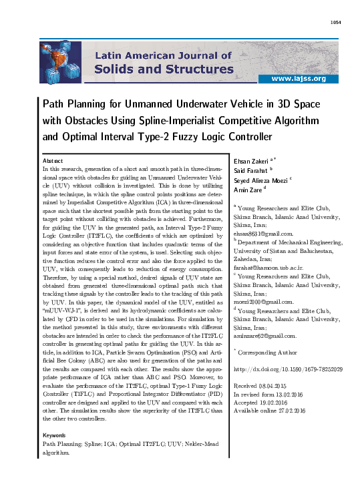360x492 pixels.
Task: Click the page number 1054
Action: (x=336, y=23)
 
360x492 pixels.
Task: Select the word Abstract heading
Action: (x=53, y=162)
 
